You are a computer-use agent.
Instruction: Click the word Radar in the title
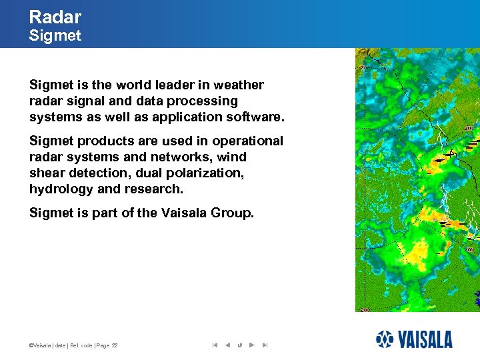point(55,17)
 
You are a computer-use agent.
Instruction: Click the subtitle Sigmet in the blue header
point(55,36)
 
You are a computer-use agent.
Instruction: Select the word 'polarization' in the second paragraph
point(207,173)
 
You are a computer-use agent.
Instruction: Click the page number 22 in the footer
point(115,345)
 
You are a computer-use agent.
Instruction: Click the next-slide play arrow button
point(251,345)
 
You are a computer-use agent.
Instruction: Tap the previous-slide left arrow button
point(227,345)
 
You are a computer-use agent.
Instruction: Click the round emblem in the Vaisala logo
point(385,339)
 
